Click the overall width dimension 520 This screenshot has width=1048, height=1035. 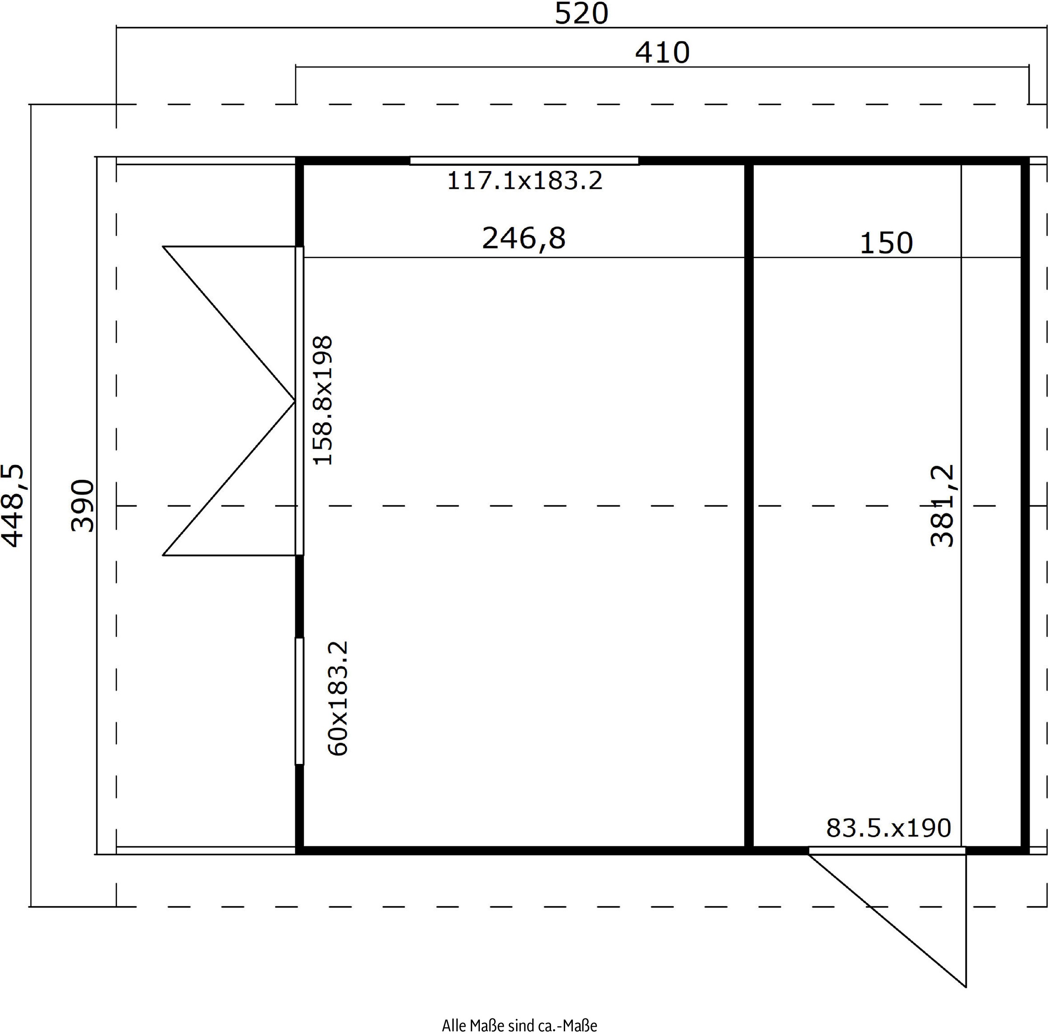[x=581, y=14]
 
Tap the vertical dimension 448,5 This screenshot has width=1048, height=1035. [x=13, y=506]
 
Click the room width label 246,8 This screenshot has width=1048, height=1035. [x=524, y=238]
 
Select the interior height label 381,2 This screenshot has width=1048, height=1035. [x=942, y=505]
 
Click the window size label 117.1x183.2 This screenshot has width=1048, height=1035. [x=524, y=181]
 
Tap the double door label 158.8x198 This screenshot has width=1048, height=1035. [x=323, y=400]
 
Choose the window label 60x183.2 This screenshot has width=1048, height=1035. [x=338, y=698]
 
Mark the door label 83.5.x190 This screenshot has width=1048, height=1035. [x=889, y=828]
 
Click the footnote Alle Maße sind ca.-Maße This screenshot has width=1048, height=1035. [x=519, y=1026]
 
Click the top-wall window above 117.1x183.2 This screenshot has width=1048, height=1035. [x=524, y=161]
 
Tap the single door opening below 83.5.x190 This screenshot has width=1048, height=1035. [x=887, y=851]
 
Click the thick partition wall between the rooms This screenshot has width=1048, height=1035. [x=749, y=506]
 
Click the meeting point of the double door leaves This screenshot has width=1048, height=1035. [x=295, y=401]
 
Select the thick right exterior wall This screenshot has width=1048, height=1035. [x=1025, y=506]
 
